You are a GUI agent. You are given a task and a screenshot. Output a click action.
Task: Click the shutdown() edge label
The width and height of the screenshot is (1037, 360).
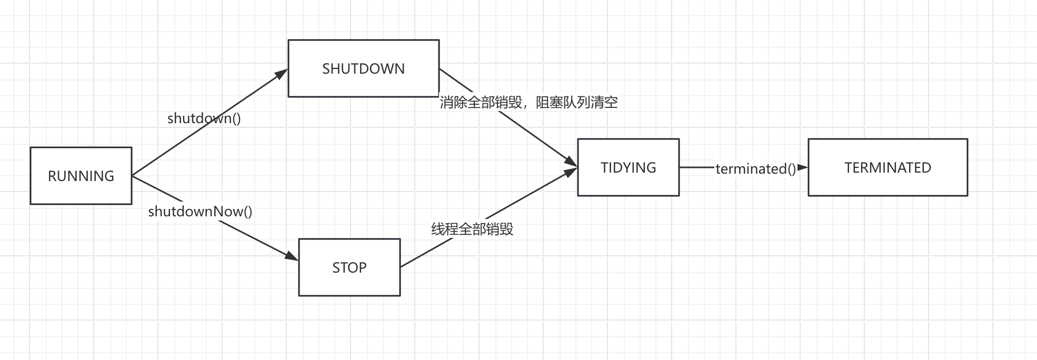pos(204,118)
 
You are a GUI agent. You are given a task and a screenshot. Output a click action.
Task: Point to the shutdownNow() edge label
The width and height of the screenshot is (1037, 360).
pos(200,212)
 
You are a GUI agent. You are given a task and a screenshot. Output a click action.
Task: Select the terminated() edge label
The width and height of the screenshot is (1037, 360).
pos(755,169)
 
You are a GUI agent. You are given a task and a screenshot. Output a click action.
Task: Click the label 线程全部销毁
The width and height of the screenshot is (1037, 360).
pos(472,229)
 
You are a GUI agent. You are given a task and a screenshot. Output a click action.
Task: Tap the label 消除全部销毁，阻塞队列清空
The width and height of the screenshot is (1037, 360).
pos(529,103)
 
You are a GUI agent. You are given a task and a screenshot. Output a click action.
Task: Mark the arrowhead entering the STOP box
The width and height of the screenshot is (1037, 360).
pos(292,256)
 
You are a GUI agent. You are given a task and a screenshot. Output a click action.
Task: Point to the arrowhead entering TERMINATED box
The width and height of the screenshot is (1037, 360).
pos(803,167)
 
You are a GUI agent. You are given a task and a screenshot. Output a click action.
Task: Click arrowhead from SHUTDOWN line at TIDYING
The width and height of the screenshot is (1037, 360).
pos(572,162)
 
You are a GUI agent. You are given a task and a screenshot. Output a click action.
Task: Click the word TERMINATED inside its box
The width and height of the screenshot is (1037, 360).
pos(888,168)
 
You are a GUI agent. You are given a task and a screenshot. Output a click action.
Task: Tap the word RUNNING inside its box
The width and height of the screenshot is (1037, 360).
pos(81,176)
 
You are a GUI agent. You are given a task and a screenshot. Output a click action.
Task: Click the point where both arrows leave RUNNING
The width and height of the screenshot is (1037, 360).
pos(132,175)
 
